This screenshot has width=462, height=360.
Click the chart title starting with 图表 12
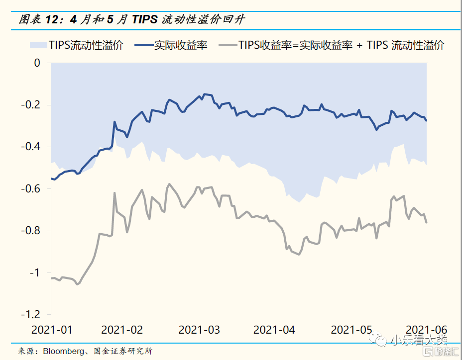click(x=131, y=19)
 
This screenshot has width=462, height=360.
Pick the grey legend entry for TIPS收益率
click(x=341, y=45)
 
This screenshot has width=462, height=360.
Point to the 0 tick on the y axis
click(x=37, y=63)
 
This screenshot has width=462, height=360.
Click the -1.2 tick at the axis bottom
click(x=31, y=314)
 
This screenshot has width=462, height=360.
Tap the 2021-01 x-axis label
click(x=52, y=330)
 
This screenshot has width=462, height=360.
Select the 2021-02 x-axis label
click(x=122, y=330)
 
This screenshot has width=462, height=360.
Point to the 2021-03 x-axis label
click(x=199, y=330)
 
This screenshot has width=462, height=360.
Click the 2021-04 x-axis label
click(x=274, y=330)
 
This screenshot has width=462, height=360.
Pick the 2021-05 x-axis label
click(x=351, y=330)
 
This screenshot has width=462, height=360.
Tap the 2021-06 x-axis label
click(x=427, y=330)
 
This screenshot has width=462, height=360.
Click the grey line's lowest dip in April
click(x=299, y=255)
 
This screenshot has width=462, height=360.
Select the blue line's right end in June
click(x=427, y=121)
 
